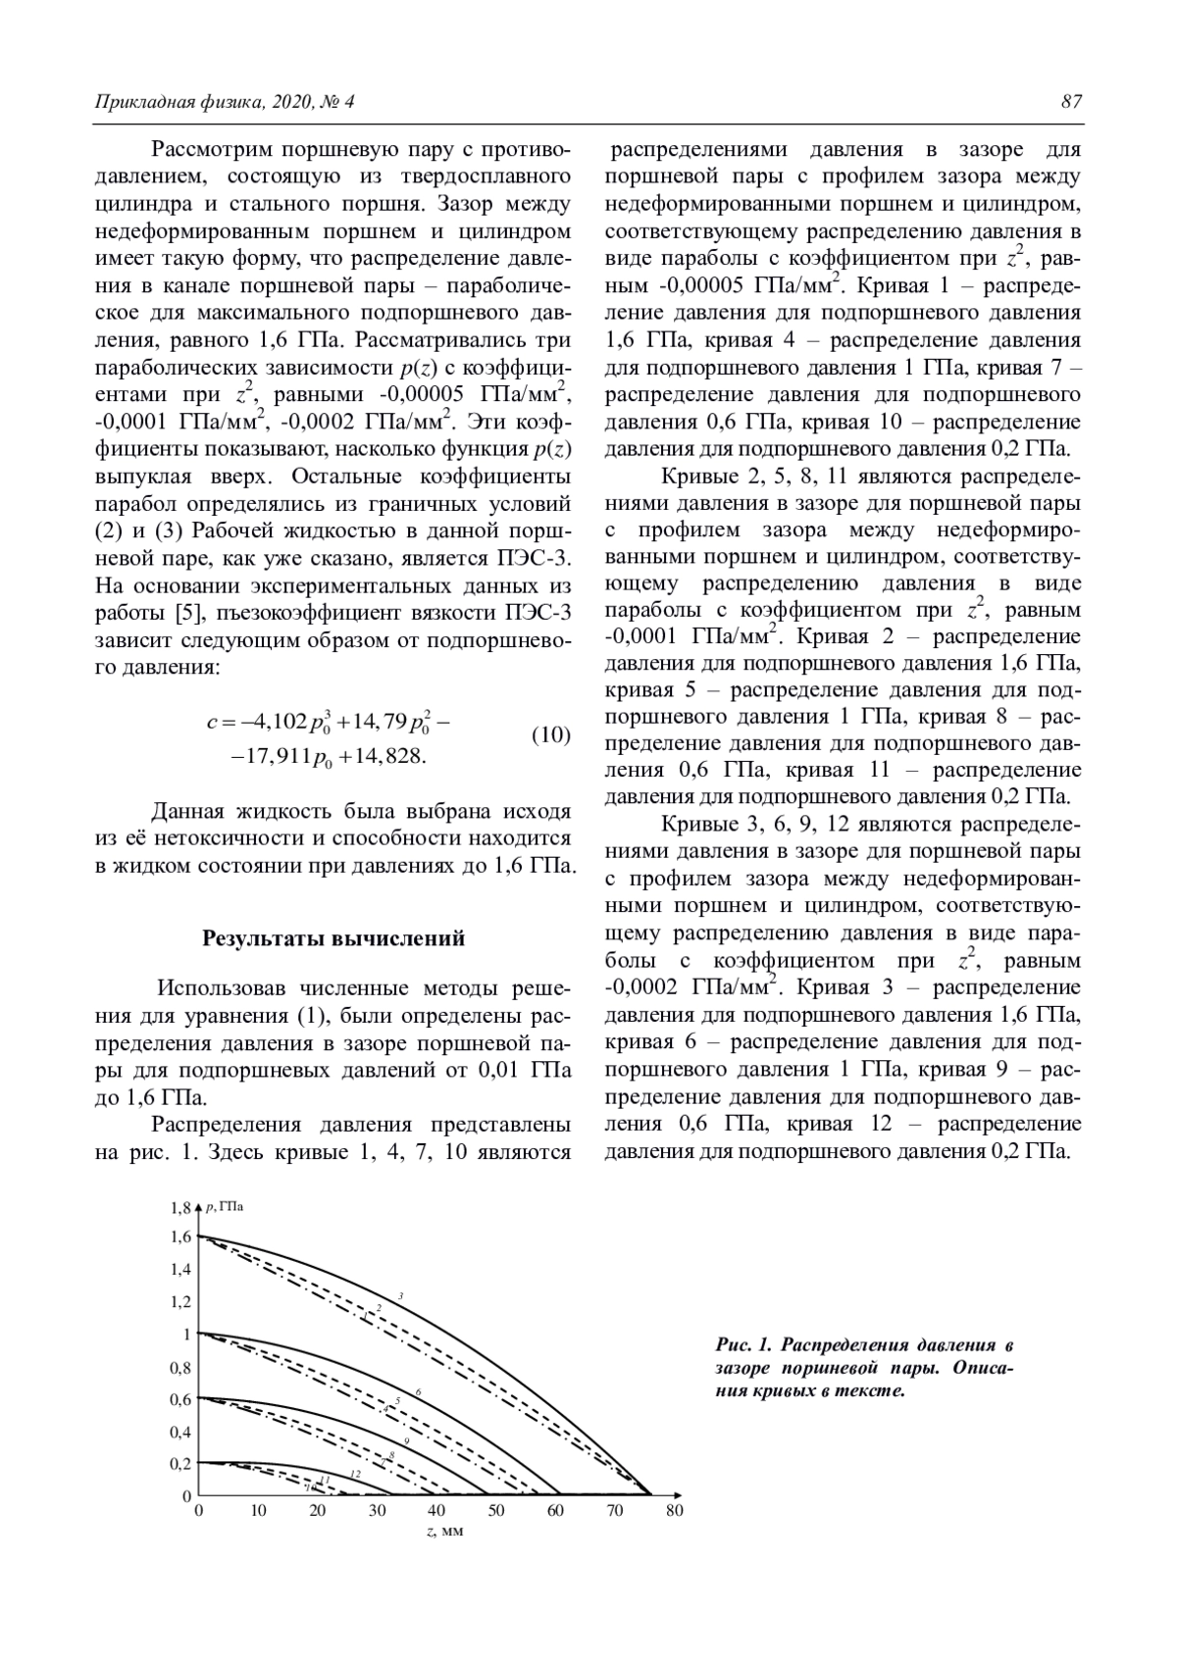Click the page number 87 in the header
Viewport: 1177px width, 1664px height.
[1071, 102]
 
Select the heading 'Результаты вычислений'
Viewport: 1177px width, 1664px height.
[333, 938]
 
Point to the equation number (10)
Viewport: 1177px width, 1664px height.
[550, 734]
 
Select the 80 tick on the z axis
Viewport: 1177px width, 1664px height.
[675, 1511]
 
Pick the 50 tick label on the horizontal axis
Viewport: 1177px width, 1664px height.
[496, 1511]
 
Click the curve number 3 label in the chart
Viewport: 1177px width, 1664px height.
[400, 1296]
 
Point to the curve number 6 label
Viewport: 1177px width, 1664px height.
[418, 1392]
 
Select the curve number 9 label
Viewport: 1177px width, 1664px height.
[406, 1440]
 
